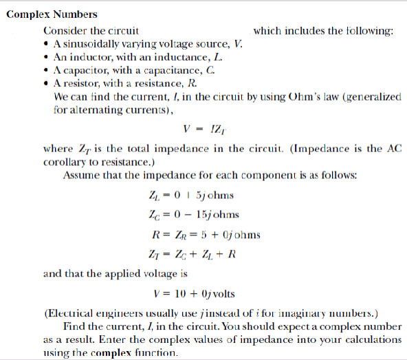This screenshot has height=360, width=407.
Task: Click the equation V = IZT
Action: click(201, 129)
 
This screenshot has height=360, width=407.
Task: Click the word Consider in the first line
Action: click(65, 31)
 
